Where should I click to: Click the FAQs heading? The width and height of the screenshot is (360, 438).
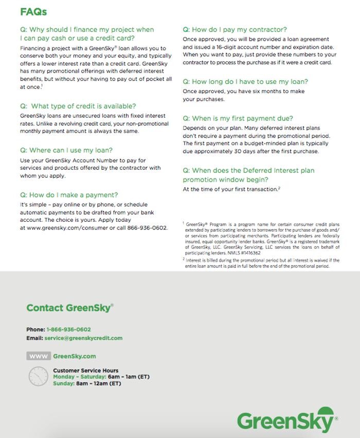tap(33, 12)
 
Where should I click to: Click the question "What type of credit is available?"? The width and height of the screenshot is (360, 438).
tap(78, 106)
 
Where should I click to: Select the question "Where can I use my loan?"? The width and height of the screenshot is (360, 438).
tap(66, 150)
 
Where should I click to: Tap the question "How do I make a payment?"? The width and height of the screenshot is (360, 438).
tap(69, 195)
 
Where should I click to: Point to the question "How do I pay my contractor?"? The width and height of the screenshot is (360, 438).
tap(235, 30)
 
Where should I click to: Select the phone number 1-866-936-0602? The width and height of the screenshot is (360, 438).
tap(68, 329)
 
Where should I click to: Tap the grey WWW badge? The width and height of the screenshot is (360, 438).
tap(39, 356)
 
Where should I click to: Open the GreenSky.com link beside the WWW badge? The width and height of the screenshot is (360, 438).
tap(74, 356)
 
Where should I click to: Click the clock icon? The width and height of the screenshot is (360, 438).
tap(38, 377)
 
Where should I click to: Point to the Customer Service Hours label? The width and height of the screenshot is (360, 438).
tap(85, 371)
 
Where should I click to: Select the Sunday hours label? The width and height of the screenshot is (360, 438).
tap(63, 383)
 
